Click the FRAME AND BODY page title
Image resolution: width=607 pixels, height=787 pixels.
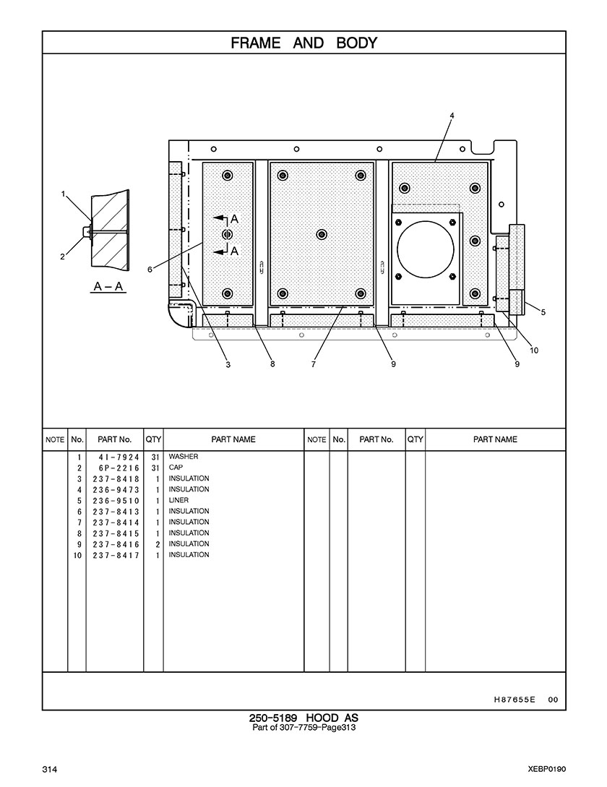click(x=303, y=43)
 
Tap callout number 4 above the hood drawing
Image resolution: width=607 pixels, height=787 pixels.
click(x=452, y=116)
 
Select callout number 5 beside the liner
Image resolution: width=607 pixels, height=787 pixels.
click(x=543, y=312)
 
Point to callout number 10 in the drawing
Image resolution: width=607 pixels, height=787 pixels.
click(x=534, y=351)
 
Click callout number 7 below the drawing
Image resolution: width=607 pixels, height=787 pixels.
click(x=314, y=364)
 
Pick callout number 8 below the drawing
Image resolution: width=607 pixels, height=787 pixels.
click(x=272, y=364)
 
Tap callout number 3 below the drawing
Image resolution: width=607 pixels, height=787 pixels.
click(x=228, y=364)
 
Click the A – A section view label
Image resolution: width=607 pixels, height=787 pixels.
click(x=108, y=287)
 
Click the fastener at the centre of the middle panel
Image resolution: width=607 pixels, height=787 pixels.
click(x=322, y=234)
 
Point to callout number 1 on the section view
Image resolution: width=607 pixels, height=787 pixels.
click(x=64, y=194)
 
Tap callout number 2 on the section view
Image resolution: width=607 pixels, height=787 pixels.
click(x=63, y=257)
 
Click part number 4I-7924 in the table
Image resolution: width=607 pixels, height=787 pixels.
click(x=119, y=457)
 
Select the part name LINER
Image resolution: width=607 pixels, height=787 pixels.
click(x=178, y=500)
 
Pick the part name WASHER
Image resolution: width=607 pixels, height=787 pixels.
click(x=184, y=457)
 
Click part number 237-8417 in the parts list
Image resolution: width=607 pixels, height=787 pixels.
click(x=116, y=556)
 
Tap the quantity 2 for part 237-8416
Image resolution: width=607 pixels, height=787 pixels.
click(x=158, y=545)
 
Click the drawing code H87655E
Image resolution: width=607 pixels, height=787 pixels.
click(x=515, y=700)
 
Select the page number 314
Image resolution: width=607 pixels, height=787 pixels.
click(x=50, y=770)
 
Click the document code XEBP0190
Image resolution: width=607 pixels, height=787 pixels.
click(x=547, y=769)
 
